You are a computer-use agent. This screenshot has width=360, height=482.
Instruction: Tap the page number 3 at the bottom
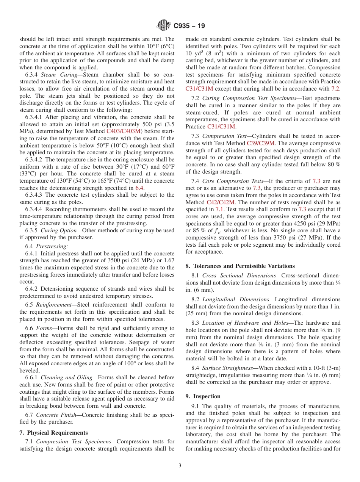(180, 465)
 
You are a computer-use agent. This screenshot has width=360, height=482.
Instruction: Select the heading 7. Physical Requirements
(53, 433)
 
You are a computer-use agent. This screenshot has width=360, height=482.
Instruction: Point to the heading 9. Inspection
(203, 396)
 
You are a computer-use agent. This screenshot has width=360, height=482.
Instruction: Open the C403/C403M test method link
(124, 131)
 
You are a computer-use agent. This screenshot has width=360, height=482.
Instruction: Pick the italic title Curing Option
(56, 230)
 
